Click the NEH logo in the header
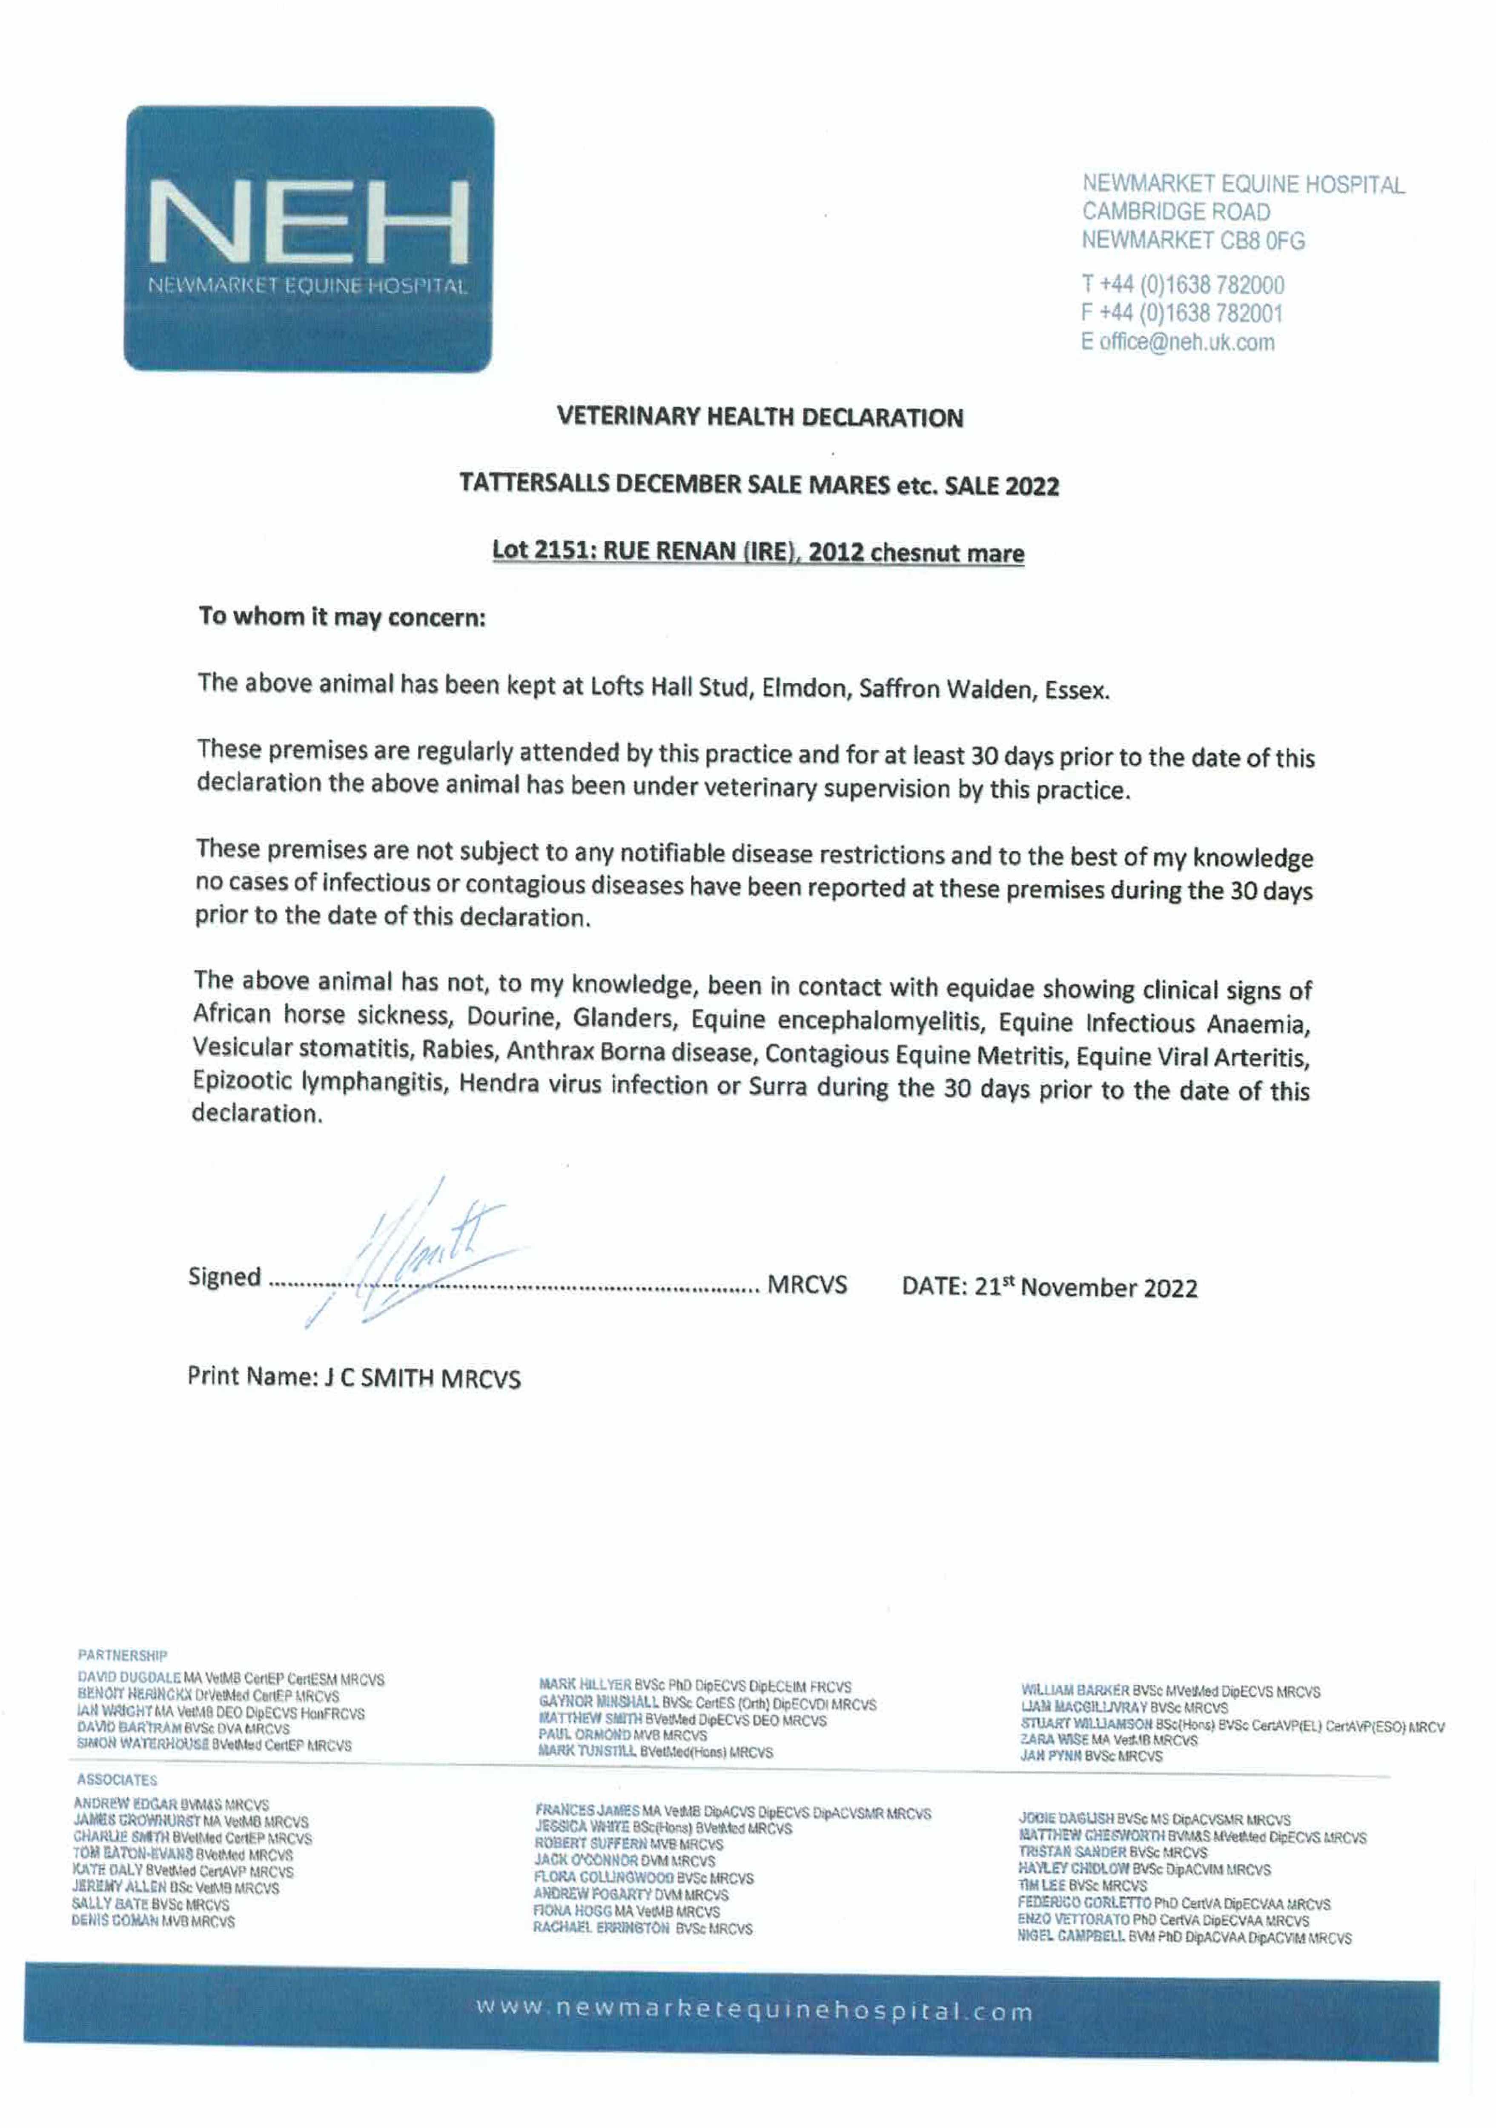pos(309,238)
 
